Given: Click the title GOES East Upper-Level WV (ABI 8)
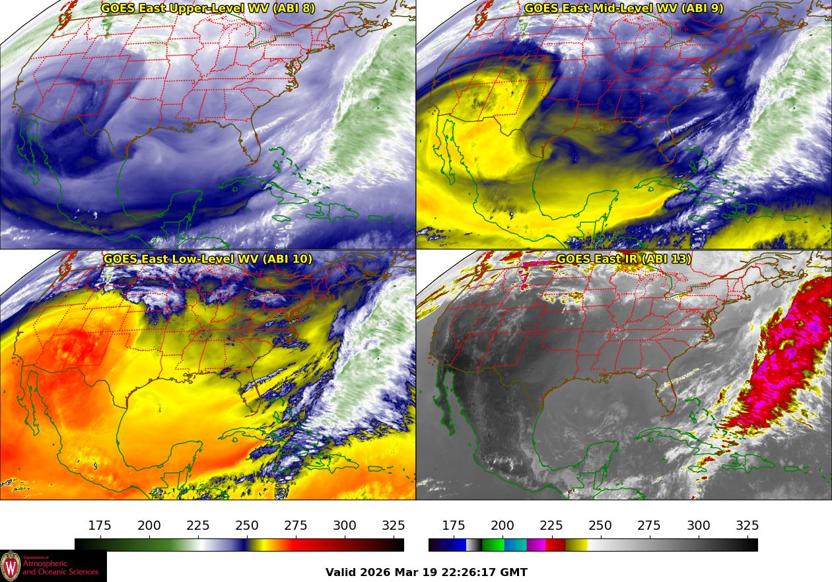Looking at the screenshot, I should point(208,9).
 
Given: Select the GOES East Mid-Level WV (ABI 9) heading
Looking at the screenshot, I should point(624,9).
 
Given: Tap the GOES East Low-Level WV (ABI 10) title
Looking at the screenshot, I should point(208,259).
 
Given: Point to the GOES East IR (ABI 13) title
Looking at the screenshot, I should point(624,259).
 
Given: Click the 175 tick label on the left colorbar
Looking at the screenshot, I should point(100,526).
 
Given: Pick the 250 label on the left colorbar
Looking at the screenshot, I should point(247,526).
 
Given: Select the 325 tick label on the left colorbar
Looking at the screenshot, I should point(394,526).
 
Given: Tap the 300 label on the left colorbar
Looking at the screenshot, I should point(345,526).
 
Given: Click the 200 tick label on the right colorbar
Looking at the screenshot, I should point(503,526).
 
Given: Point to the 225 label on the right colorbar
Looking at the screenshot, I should point(551,526).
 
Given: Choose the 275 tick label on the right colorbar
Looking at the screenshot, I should point(649,526).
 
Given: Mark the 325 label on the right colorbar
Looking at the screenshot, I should point(747,526).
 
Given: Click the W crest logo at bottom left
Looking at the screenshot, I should point(11,566).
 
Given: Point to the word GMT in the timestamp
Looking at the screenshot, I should point(515,572).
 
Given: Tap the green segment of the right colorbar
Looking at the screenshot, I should point(493,545).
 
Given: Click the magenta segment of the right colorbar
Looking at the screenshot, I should point(536,545).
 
